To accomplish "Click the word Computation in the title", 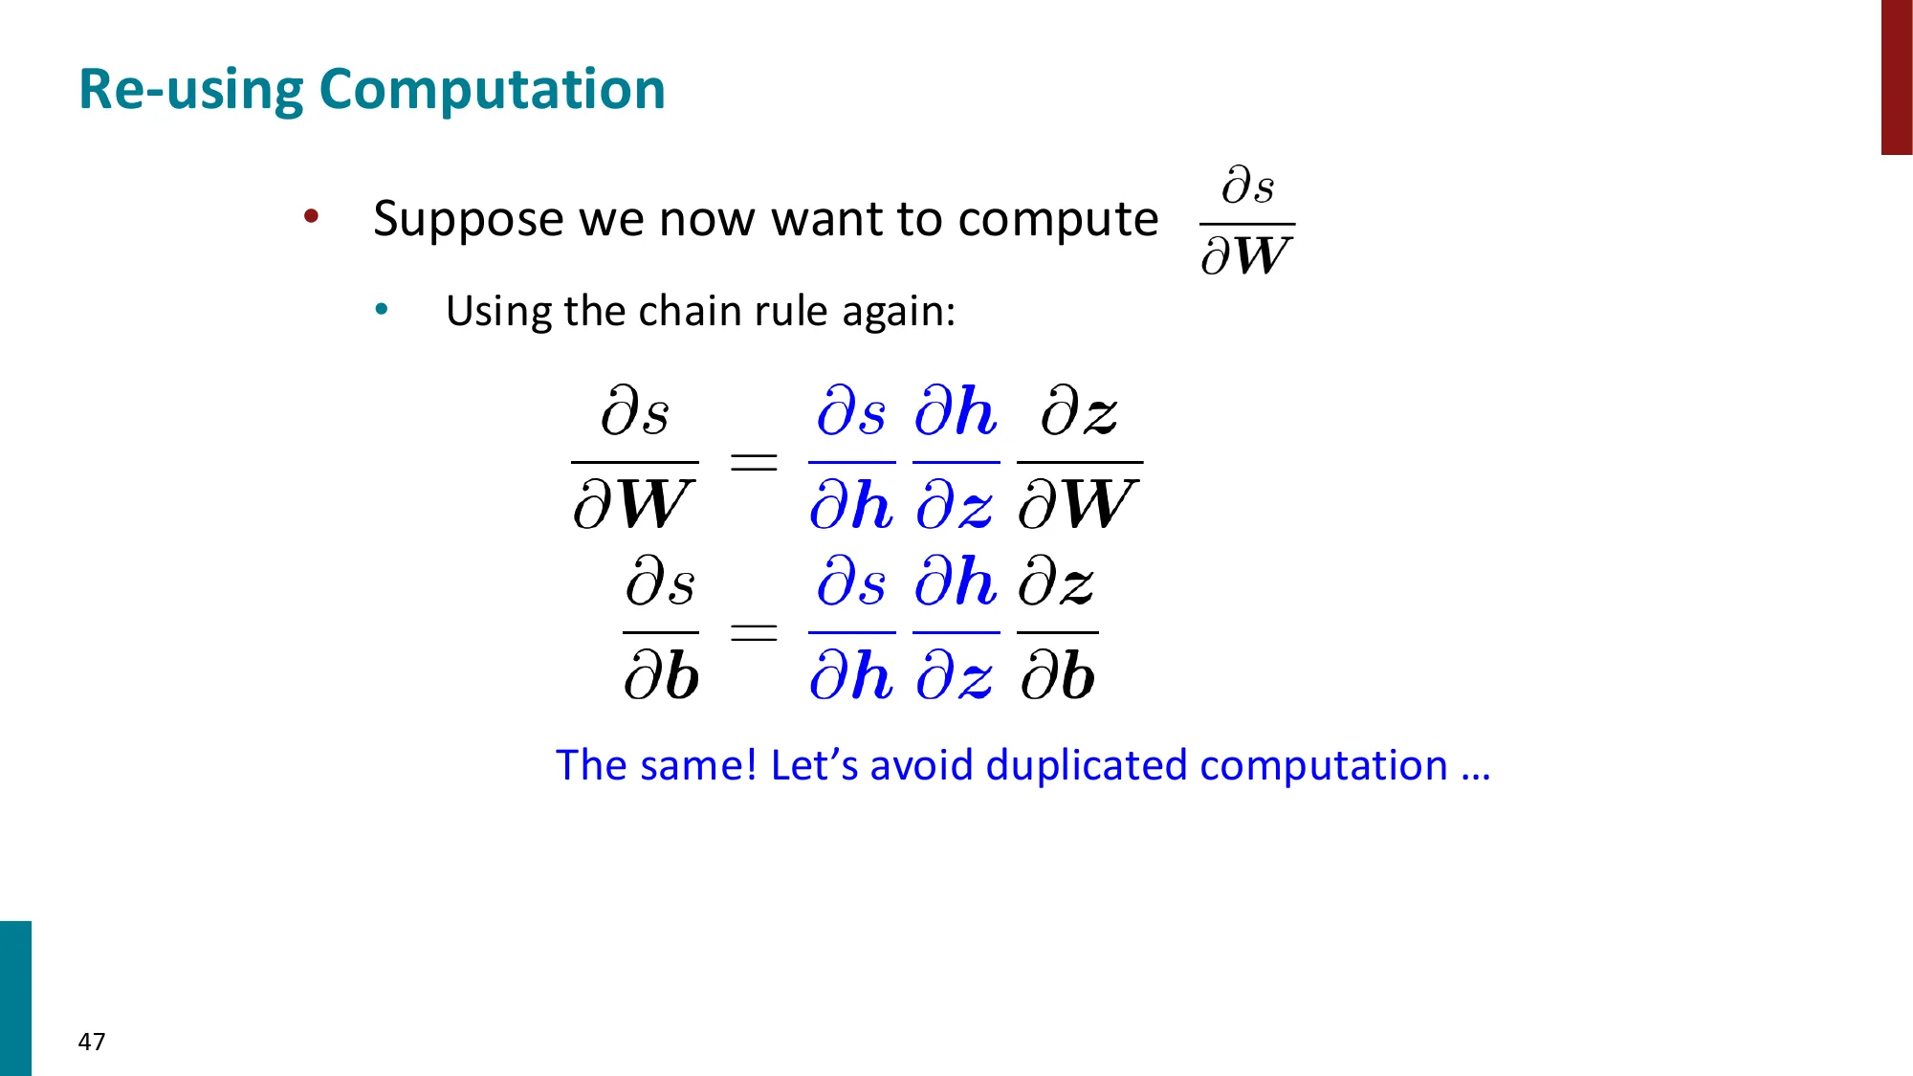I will pyautogui.click(x=492, y=90).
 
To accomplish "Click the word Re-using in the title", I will pyautogui.click(x=191, y=90).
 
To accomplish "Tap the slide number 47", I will pyautogui.click(x=92, y=1042).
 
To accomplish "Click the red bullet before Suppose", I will pyautogui.click(x=311, y=216).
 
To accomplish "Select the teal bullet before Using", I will pyautogui.click(x=382, y=309).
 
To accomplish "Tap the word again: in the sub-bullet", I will pyautogui.click(x=898, y=313).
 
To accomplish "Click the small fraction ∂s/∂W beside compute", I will pyautogui.click(x=1247, y=222).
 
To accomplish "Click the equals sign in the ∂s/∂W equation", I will pyautogui.click(x=754, y=463).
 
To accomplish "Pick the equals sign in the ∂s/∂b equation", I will pyautogui.click(x=754, y=631).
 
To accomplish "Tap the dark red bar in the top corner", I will pyautogui.click(x=1897, y=77).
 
